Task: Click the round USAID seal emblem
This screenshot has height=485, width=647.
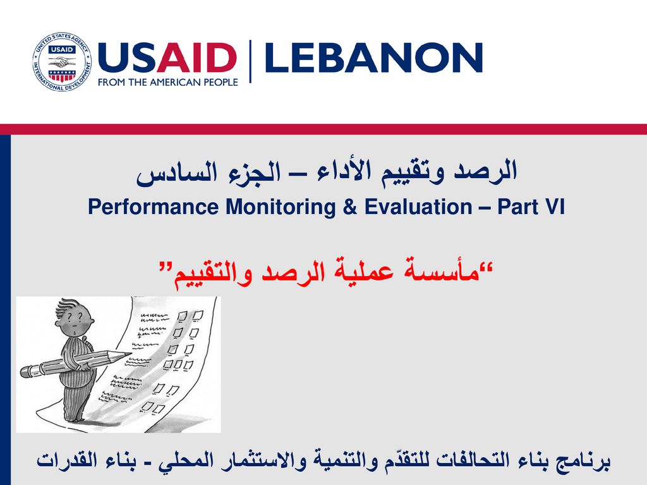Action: click(x=62, y=62)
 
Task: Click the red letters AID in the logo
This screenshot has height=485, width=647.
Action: click(x=197, y=57)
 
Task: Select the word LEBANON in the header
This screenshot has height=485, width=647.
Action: click(x=374, y=57)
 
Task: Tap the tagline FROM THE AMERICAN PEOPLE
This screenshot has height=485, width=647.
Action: click(x=168, y=82)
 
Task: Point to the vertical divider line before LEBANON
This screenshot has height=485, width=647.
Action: click(x=250, y=61)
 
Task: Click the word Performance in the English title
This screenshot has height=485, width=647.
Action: click(x=153, y=207)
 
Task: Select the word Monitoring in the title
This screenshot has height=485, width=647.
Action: click(x=280, y=207)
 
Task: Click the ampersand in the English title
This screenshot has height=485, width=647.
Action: click(x=349, y=207)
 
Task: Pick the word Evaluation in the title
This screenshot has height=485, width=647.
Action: click(x=418, y=207)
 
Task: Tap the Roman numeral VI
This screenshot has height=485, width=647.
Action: click(x=554, y=207)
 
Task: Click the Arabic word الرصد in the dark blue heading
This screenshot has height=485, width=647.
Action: click(x=485, y=170)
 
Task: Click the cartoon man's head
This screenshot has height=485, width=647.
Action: click(x=75, y=318)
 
